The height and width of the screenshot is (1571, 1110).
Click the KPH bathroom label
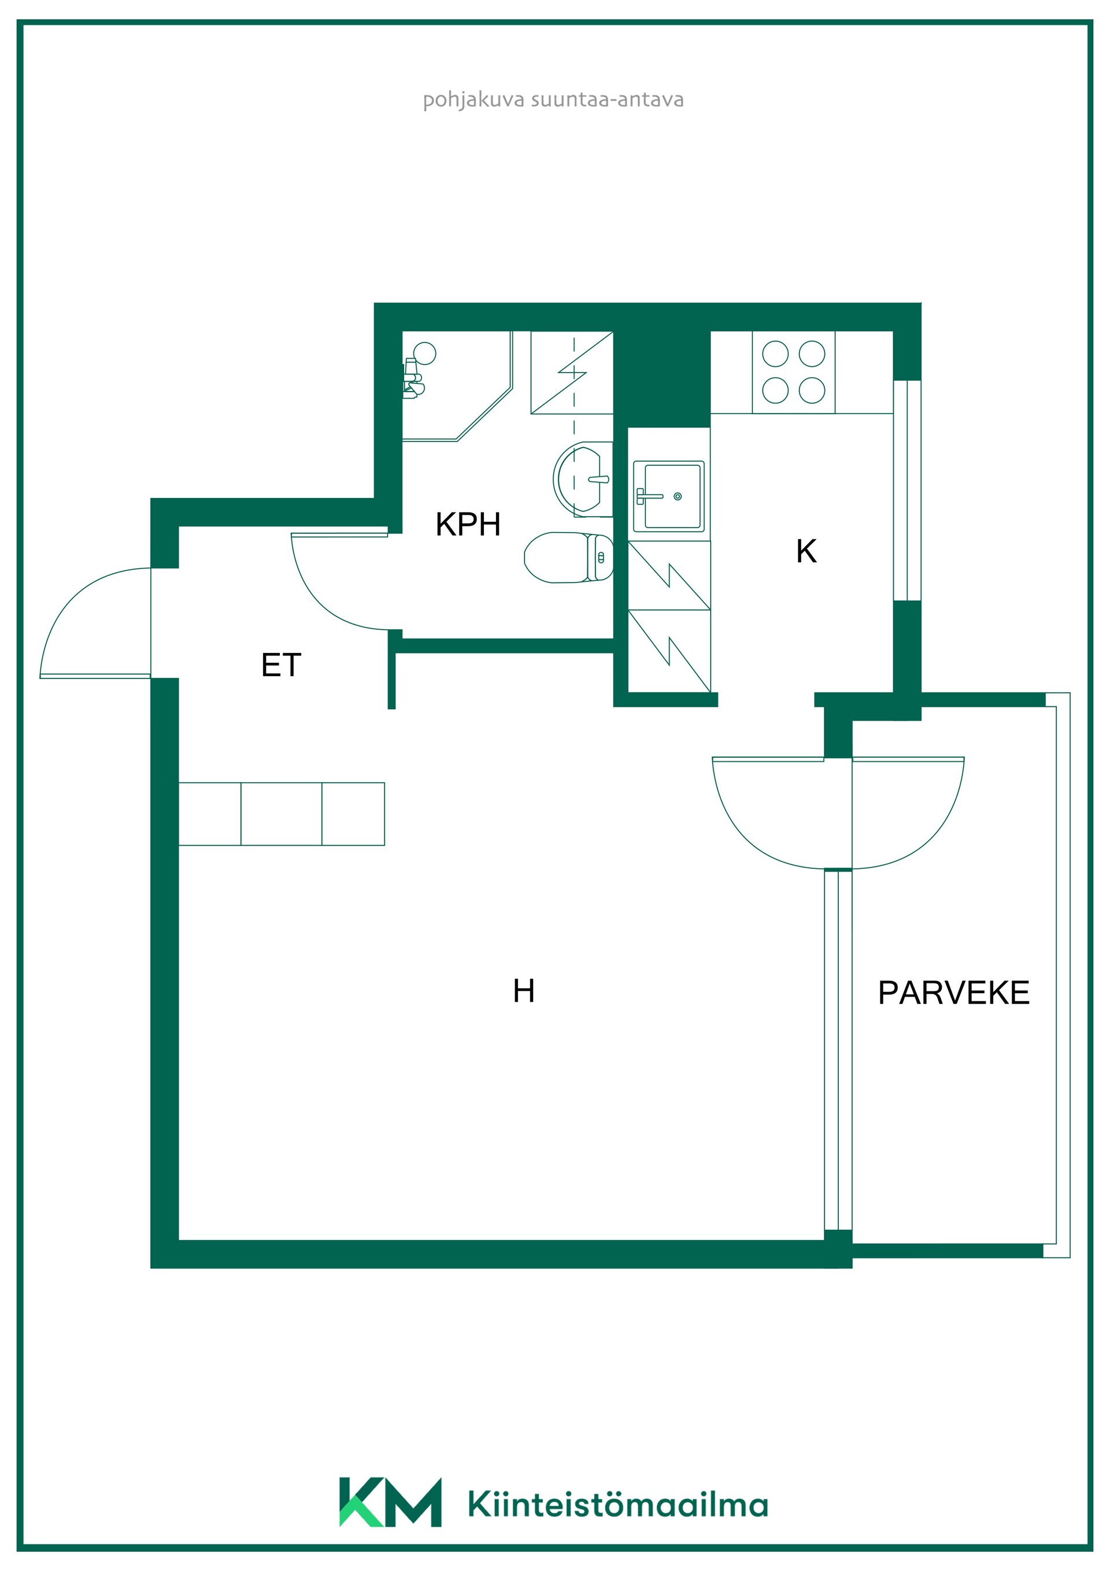click(468, 525)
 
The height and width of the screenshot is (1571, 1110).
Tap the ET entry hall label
click(281, 665)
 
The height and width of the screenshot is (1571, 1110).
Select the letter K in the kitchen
click(806, 551)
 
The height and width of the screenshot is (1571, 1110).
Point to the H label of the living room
click(524, 991)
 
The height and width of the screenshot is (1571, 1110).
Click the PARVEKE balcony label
click(953, 993)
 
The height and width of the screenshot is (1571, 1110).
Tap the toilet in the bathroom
click(568, 558)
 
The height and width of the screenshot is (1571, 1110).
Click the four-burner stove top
click(793, 373)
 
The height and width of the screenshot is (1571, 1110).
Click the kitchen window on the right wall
click(907, 490)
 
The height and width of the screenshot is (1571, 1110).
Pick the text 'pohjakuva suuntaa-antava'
click(553, 100)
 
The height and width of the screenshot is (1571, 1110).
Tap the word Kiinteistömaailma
click(618, 1504)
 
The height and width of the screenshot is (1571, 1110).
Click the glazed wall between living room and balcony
click(838, 1050)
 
